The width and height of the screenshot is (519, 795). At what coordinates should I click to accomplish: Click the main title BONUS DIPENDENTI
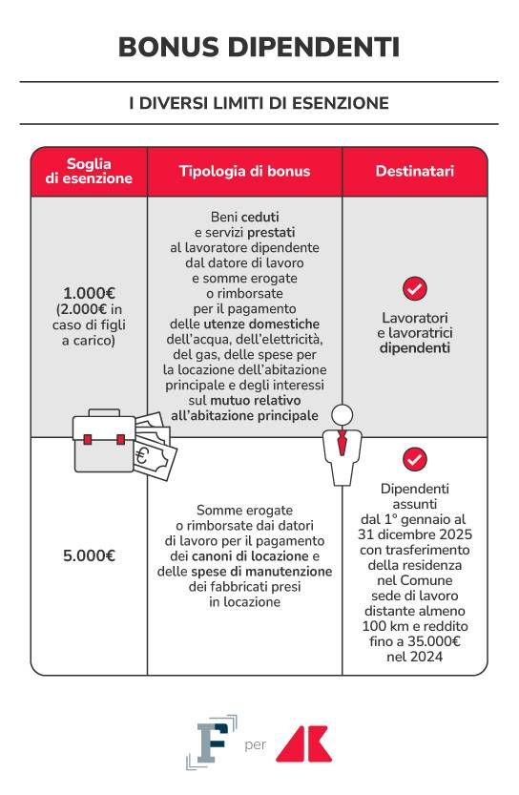point(259,47)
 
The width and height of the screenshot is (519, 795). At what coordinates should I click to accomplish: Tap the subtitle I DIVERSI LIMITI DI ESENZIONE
point(259,103)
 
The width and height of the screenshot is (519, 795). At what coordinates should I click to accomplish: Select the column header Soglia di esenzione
point(88,171)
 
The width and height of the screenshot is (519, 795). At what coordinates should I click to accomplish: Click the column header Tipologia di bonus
point(244,172)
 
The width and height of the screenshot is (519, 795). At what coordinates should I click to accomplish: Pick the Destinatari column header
point(414,172)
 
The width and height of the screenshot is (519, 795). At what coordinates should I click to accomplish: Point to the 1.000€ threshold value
point(89,293)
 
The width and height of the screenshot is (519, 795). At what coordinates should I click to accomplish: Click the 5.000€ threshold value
point(89,555)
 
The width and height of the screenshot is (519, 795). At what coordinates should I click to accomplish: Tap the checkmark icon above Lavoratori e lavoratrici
point(414,287)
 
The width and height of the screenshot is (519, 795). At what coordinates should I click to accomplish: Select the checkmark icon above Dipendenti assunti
point(414,459)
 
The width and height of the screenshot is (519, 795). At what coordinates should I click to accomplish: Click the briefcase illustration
point(104,443)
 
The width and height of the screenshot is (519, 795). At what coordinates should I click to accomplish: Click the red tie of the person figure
point(342,443)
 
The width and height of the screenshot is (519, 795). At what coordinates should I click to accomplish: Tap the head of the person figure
point(342,414)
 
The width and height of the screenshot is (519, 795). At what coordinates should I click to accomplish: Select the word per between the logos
point(255,744)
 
